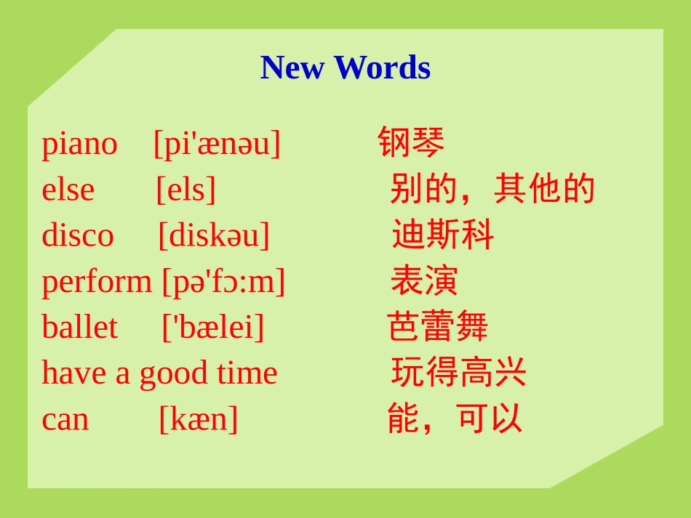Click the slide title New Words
[345, 68]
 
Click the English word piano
[79, 144]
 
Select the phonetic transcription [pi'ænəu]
[217, 144]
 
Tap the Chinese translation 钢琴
[411, 142]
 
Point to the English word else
[68, 190]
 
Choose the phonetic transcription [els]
[186, 190]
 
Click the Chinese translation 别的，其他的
[492, 189]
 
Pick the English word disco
[78, 235]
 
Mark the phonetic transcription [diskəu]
[214, 235]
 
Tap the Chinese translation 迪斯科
[443, 235]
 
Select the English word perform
[97, 282]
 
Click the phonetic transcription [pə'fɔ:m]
[223, 282]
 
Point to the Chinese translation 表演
[424, 280]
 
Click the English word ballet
[79, 328]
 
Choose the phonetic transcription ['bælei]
[212, 328]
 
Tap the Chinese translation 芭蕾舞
[437, 327]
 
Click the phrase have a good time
[159, 373]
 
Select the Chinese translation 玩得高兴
[458, 373]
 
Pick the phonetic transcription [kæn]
[199, 419]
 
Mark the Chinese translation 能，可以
[455, 418]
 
